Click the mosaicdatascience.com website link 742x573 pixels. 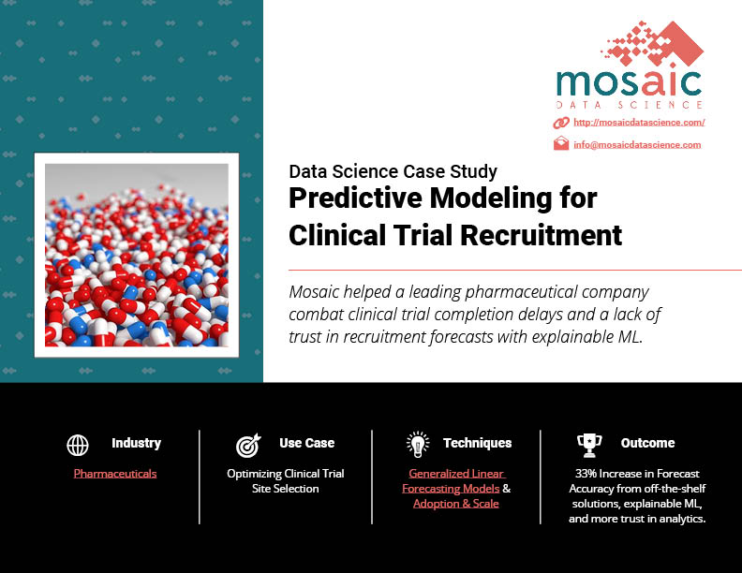(639, 123)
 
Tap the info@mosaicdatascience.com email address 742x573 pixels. (637, 145)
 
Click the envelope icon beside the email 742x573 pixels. (561, 143)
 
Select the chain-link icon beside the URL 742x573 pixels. (561, 123)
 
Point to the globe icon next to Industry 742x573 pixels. (78, 445)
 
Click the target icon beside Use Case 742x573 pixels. (248, 445)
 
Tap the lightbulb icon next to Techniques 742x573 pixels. (418, 445)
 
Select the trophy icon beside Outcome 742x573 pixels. (589, 446)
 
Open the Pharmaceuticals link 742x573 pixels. (115, 473)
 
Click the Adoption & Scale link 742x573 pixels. (455, 504)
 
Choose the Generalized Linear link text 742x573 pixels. (456, 473)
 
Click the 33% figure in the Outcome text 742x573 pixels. (586, 473)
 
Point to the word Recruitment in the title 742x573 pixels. (542, 235)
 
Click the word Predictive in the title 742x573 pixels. (355, 198)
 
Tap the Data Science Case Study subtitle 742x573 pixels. (393, 171)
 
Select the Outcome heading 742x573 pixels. (647, 443)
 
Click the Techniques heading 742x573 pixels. (478, 443)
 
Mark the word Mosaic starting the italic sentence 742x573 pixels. (314, 292)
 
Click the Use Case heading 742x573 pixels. (306, 443)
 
